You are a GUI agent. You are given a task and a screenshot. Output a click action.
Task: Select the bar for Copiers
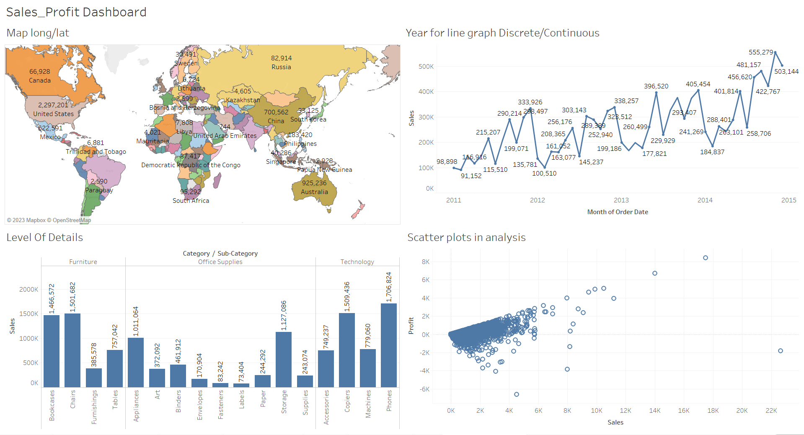click(346, 350)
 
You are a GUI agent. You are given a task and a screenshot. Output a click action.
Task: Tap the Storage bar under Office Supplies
click(283, 359)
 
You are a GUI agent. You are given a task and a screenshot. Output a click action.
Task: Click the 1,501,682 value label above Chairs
click(73, 297)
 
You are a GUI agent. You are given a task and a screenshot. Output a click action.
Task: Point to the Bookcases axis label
click(52, 405)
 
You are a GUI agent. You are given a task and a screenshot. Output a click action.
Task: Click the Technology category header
click(357, 262)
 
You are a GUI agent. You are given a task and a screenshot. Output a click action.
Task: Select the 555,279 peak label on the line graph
click(760, 52)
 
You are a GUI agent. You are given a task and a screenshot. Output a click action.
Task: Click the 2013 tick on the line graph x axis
click(621, 200)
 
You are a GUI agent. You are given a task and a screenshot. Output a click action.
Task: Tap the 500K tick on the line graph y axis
click(426, 67)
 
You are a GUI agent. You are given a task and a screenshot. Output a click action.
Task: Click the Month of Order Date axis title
click(617, 212)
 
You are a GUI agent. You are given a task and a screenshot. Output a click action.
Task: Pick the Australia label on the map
click(314, 192)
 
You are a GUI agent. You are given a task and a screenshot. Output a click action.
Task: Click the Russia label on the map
click(281, 67)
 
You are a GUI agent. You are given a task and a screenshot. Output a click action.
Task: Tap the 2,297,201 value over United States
click(53, 105)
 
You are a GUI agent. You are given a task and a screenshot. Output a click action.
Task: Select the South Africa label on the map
click(191, 201)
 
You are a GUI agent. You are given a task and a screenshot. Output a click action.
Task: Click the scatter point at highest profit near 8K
click(705, 258)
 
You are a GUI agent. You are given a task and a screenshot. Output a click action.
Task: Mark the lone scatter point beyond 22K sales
click(780, 351)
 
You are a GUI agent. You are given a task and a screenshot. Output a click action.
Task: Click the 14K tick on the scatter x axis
click(654, 411)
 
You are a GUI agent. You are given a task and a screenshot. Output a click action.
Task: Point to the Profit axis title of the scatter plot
click(411, 326)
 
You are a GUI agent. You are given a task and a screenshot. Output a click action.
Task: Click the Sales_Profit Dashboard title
click(76, 12)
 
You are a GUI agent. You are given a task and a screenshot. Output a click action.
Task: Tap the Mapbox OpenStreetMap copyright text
click(49, 220)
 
